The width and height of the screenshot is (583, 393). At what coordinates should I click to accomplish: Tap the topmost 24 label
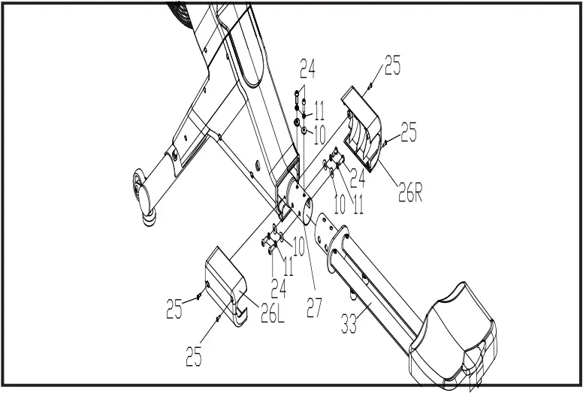pos(307,71)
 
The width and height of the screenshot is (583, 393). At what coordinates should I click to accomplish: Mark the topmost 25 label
pos(393,66)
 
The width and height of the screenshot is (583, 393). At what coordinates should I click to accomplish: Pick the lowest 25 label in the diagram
pos(194,356)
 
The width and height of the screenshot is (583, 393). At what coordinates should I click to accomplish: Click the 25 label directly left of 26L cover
pos(174,309)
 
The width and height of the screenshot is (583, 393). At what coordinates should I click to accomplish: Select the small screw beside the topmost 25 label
pos(371,87)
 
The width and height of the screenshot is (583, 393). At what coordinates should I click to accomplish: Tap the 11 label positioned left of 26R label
pos(358,202)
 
